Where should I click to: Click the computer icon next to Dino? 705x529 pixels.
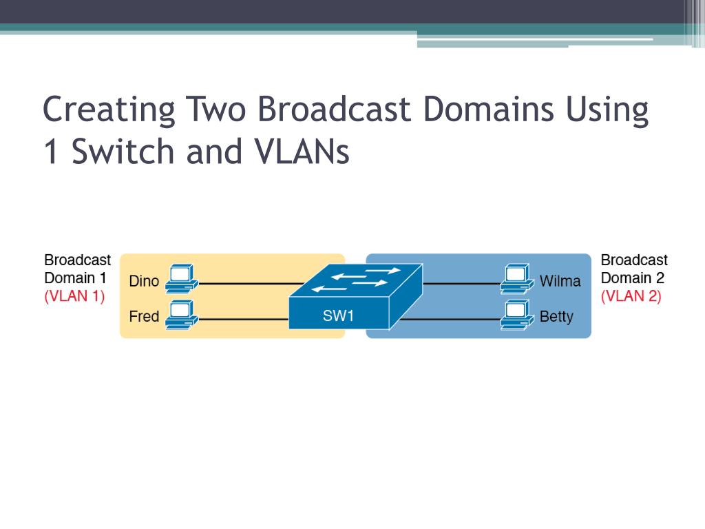click(182, 279)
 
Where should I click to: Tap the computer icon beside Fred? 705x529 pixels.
click(182, 315)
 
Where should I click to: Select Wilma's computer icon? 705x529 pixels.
click(517, 279)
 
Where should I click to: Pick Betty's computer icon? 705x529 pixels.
click(517, 315)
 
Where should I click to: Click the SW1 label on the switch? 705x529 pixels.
click(338, 315)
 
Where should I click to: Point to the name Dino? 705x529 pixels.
click(144, 281)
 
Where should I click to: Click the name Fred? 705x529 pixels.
click(144, 316)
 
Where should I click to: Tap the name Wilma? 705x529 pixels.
click(560, 281)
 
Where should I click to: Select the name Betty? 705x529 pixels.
click(556, 317)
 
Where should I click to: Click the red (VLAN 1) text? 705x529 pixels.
click(74, 296)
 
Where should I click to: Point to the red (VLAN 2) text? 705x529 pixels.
click(631, 296)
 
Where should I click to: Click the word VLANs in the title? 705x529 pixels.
click(302, 151)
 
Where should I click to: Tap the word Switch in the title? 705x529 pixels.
click(123, 151)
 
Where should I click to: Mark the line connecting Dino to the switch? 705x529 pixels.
click(251, 284)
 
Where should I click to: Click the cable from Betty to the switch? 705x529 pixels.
click(450, 320)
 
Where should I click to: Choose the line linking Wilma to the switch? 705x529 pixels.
click(461, 284)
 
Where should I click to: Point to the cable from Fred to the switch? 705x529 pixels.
click(244, 320)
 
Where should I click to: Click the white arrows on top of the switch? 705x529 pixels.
click(356, 280)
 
